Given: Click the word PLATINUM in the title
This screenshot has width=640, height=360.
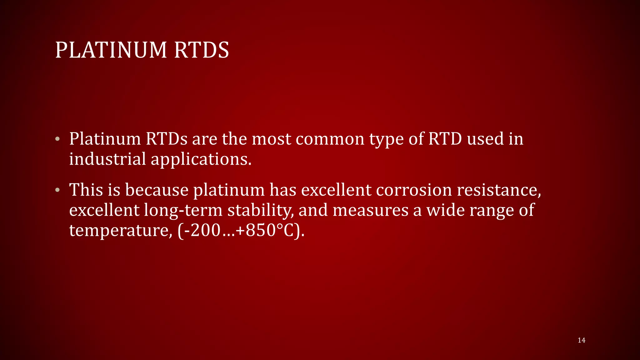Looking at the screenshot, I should [111, 50].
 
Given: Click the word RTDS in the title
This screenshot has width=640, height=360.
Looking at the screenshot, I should [202, 50].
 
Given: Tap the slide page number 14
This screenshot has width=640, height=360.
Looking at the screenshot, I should [582, 340].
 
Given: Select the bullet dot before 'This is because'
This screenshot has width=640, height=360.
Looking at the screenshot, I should [57, 190].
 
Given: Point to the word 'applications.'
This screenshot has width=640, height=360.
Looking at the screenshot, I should [201, 159].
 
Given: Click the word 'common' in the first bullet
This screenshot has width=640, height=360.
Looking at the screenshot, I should [330, 139].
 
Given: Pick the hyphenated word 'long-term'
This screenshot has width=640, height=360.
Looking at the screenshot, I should [183, 210].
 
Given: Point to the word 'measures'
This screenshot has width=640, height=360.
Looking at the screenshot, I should [370, 210].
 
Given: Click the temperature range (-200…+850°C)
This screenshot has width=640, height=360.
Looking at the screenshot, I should [241, 230].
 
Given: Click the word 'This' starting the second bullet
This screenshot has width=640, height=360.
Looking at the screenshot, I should [86, 190].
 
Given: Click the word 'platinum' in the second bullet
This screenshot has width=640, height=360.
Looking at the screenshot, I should [229, 190].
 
